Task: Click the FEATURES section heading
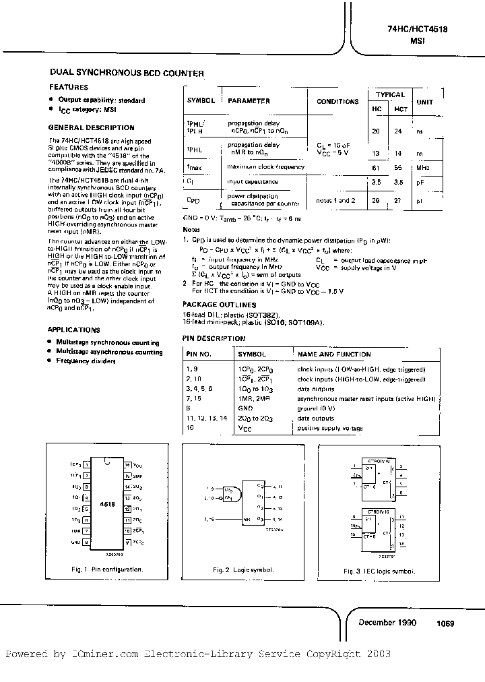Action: coord(68,87)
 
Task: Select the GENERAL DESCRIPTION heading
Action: coord(92,127)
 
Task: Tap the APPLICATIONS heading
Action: coord(74,330)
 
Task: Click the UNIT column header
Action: coord(425,101)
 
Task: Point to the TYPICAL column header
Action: coord(390,95)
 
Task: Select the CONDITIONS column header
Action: coord(337,101)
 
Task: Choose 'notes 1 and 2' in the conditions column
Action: coord(335,201)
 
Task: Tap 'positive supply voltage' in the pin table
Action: coord(330,429)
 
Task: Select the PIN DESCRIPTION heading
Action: coord(214,338)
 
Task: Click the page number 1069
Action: coord(445,623)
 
